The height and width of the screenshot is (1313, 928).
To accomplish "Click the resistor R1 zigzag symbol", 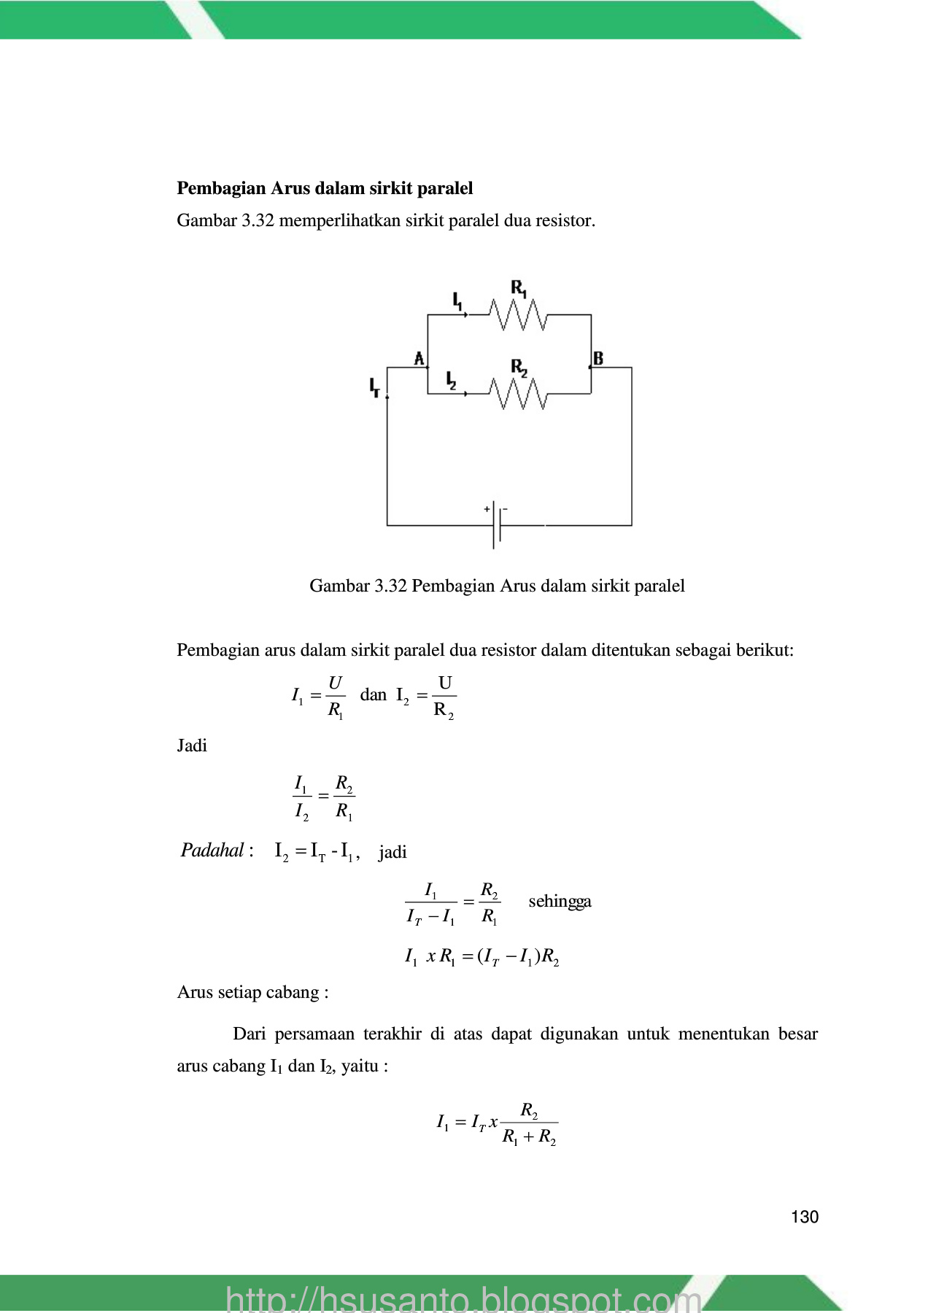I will tap(518, 315).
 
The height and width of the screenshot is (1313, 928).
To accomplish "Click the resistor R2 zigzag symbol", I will tap(518, 394).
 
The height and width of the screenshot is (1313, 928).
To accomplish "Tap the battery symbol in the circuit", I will tap(497, 524).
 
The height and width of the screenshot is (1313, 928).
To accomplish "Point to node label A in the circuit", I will tap(419, 358).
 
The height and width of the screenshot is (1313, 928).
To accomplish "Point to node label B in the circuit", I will tap(598, 358).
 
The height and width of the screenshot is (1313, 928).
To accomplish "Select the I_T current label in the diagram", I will tap(374, 387).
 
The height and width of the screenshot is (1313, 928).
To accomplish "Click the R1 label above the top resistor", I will tap(519, 288).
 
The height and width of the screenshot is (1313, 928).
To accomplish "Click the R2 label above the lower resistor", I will tap(519, 367).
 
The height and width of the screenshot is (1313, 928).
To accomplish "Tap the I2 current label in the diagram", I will tap(452, 380).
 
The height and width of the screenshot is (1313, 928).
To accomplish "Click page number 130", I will tap(804, 1217).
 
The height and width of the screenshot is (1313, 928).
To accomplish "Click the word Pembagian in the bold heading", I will tap(221, 188).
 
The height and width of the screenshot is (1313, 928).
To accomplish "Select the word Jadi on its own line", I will tap(192, 745).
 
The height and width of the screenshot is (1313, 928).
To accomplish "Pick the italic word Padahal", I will tap(212, 851).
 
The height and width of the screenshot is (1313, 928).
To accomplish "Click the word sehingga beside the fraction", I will tap(560, 901).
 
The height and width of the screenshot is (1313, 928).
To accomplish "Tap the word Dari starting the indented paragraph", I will tap(249, 1034).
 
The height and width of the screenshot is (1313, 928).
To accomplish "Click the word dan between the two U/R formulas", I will tap(373, 694).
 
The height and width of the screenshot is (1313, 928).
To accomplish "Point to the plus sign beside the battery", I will tap(487, 509).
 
